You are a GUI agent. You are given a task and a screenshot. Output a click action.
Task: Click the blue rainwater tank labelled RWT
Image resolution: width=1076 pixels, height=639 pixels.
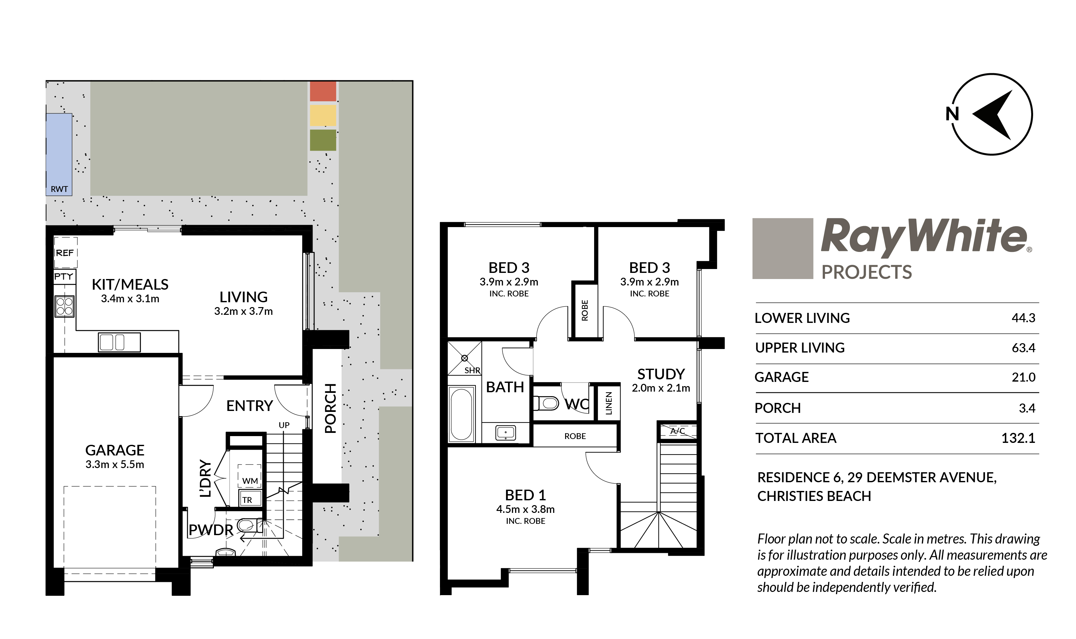59,154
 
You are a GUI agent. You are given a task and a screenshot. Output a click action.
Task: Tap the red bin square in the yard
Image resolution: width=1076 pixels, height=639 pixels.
323,91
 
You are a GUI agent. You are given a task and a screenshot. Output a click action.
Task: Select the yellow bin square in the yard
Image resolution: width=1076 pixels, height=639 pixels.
323,115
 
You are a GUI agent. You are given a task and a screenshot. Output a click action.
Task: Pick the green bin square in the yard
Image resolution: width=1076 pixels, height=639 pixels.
323,140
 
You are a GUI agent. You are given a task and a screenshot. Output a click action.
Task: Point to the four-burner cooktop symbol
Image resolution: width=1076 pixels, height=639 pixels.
65,306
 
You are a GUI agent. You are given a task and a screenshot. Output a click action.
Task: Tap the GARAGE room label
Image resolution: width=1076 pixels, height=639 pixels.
115,450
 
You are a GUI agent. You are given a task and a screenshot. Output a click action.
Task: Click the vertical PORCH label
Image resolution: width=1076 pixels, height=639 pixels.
330,408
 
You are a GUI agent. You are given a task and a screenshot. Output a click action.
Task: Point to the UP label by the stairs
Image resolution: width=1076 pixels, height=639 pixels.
284,425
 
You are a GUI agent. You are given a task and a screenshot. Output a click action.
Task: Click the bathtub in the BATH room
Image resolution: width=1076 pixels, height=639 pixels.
461,414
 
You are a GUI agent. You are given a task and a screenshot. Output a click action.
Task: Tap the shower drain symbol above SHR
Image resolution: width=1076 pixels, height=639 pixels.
464,358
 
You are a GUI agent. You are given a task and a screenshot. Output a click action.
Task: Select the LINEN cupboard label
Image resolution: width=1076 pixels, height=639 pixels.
608,403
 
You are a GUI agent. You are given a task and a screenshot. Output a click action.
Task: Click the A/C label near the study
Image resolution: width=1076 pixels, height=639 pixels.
677,431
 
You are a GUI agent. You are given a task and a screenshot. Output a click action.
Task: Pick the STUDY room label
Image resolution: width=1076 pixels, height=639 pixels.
661,374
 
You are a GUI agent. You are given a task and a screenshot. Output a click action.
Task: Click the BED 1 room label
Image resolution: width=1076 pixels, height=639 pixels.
525,495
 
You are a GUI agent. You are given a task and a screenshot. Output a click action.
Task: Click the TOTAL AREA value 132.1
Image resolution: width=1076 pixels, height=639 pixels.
1018,438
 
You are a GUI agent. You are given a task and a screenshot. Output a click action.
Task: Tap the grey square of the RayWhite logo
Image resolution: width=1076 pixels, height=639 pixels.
782,248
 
